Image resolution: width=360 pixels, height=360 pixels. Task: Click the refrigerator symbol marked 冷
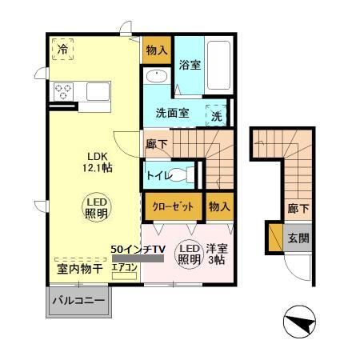pos(62,49)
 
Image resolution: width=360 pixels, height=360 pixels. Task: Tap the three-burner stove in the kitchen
pos(63,92)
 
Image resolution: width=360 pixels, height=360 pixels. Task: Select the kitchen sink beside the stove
pos(98,91)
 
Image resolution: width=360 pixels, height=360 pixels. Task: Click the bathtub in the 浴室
pos(218,66)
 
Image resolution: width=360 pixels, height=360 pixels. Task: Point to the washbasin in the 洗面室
pos(157,76)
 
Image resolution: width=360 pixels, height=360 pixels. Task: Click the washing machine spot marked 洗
pos(217,115)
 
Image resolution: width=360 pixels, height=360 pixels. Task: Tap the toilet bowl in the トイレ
pos(182,175)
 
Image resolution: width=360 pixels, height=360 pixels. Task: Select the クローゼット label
pos(173,206)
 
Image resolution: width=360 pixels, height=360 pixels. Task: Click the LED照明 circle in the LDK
pos(96,207)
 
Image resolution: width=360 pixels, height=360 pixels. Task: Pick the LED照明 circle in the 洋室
pos(189,254)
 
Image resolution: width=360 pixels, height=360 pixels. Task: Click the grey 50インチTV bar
pos(138,258)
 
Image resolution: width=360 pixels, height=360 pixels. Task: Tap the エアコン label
pos(124,267)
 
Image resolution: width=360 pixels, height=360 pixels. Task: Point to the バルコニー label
pos(78,301)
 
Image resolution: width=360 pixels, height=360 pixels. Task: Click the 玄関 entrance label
pos(298,238)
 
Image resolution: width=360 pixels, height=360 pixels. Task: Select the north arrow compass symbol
pos(299,322)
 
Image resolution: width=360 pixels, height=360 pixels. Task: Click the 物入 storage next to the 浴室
pos(157,50)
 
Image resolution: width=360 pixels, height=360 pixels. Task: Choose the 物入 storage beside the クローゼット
pos(219,206)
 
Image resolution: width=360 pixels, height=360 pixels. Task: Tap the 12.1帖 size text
pos(97,168)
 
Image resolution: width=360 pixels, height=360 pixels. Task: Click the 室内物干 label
pos(80,269)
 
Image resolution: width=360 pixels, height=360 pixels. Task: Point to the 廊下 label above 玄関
pos(298,208)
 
